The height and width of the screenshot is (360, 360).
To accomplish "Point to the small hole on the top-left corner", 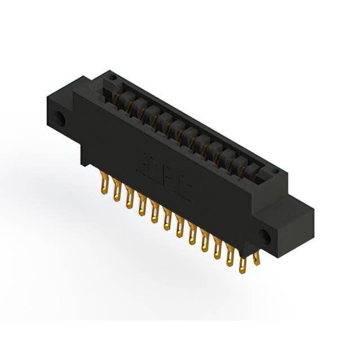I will pyautogui.click(x=112, y=76).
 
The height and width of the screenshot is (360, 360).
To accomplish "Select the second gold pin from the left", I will pyautogui.click(x=116, y=191).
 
